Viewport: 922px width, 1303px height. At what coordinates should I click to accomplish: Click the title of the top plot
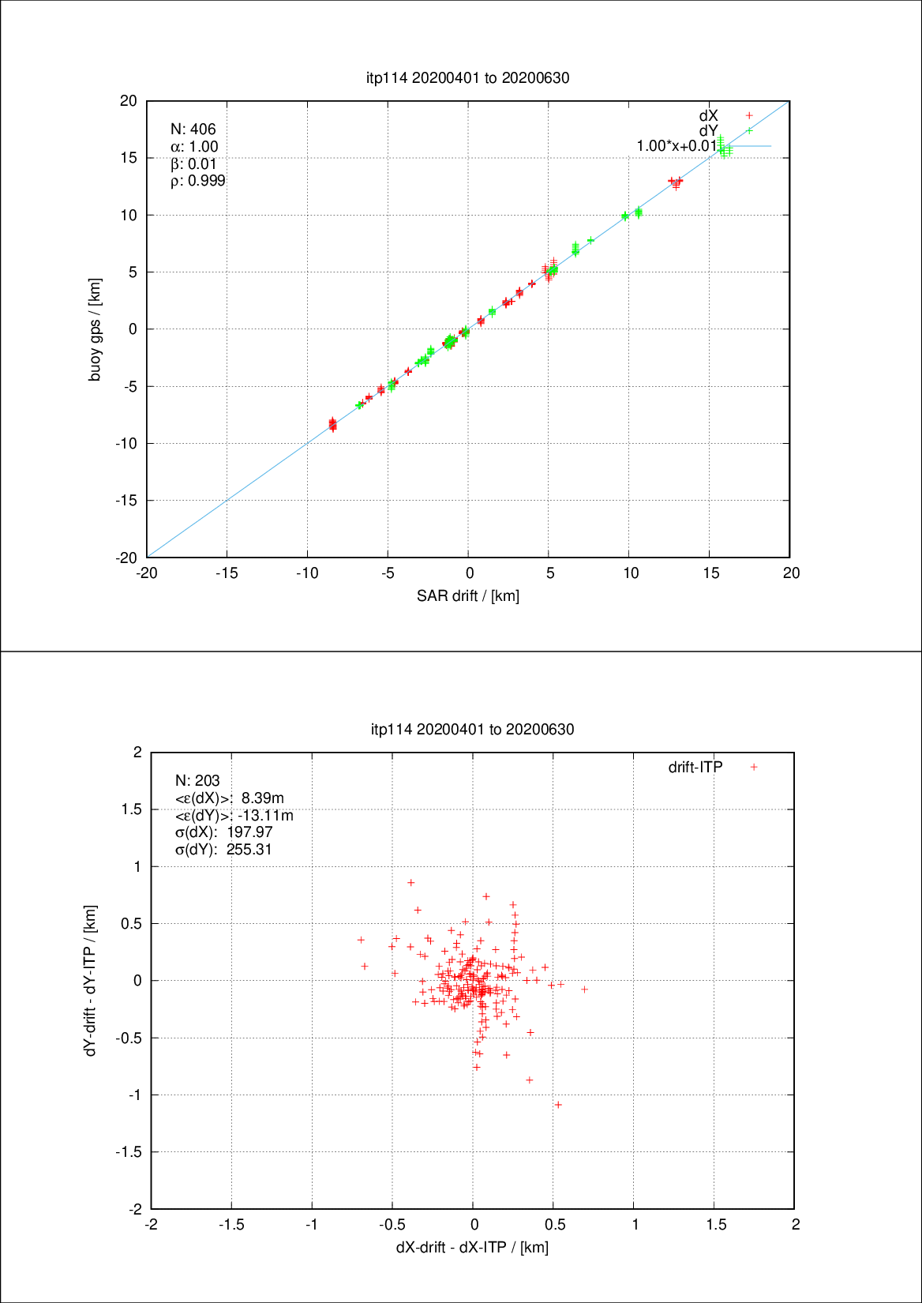click(467, 77)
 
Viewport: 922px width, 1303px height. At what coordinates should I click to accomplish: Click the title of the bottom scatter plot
click(472, 729)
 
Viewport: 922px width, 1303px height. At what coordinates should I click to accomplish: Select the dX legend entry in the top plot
click(709, 115)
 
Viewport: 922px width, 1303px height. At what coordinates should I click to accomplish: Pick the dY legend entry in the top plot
click(709, 130)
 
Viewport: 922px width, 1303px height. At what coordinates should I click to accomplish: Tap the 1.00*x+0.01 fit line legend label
click(677, 146)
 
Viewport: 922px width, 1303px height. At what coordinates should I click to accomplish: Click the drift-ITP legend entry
click(695, 767)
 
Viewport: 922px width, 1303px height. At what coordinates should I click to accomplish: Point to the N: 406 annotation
click(193, 130)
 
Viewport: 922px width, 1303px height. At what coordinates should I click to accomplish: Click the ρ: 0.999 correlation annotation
click(197, 181)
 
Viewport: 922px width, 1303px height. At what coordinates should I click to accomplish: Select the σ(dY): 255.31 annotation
click(223, 850)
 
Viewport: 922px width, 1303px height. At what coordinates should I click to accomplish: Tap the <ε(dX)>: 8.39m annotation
click(229, 798)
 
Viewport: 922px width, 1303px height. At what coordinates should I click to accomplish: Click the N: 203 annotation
click(197, 781)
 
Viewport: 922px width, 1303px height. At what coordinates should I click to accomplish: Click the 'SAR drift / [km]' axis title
click(468, 595)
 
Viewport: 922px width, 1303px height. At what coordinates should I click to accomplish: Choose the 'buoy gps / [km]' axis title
click(95, 329)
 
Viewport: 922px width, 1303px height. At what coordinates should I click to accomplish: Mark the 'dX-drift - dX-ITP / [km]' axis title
click(472, 1247)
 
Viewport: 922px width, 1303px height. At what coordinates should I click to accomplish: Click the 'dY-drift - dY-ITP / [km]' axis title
click(91, 980)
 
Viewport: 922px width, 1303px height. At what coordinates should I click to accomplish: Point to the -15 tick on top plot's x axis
click(227, 573)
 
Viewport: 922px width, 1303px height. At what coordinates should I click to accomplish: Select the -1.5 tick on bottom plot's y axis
click(129, 1152)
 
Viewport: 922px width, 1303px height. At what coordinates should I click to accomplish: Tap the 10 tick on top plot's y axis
click(129, 216)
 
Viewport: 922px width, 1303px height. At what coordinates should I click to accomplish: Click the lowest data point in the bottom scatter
click(558, 1105)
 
